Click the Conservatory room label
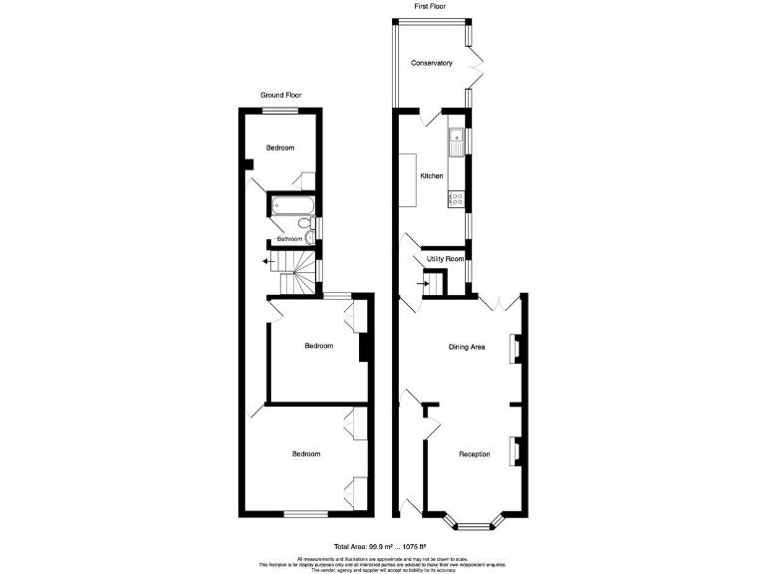coord(432,63)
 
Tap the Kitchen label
coord(431,175)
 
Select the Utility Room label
coord(445,258)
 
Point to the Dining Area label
coord(466,347)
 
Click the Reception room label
coord(474,454)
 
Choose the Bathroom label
coord(289,239)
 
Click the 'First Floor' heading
coord(430,6)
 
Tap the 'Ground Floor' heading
coord(280,95)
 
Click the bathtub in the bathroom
coord(291,206)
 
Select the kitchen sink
coord(456,142)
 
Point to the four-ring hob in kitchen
coord(456,197)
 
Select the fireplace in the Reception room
coord(516,451)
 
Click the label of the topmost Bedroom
coord(280,147)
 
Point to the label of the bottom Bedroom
coord(306,453)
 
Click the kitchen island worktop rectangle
coord(409,180)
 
